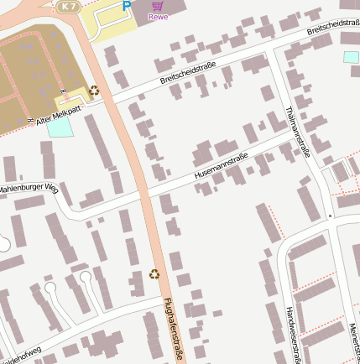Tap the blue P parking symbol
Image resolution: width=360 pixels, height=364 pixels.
127,6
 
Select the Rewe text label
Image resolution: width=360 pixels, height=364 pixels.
157,16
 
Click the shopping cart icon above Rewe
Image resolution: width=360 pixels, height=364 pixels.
156,5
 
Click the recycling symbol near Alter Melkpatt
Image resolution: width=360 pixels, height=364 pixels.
94,90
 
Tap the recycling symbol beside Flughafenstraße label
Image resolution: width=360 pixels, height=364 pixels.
154,273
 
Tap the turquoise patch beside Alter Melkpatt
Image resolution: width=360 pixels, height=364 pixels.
60,127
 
